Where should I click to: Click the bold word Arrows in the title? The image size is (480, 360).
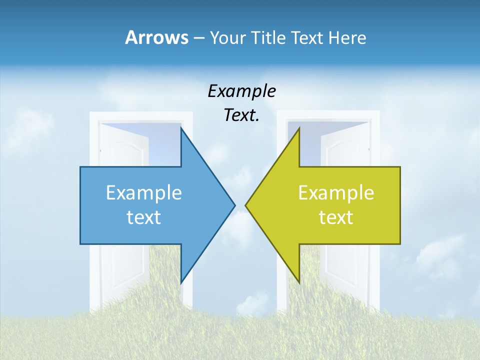(x=156, y=37)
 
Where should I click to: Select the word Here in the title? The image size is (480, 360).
(x=347, y=37)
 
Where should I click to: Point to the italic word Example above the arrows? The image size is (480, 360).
(x=241, y=91)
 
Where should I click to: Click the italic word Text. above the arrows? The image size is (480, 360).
(x=241, y=115)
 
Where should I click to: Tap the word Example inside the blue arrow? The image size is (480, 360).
(x=144, y=192)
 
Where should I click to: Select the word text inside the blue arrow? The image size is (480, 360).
(x=144, y=217)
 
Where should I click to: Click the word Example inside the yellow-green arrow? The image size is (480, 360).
(x=336, y=192)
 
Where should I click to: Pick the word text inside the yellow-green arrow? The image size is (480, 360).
(x=336, y=217)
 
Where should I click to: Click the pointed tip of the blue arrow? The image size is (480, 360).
(x=234, y=205)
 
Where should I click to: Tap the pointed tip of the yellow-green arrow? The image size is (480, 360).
(x=245, y=205)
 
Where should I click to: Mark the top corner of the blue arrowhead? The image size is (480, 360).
(x=181, y=128)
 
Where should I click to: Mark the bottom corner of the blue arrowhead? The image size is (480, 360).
(x=181, y=283)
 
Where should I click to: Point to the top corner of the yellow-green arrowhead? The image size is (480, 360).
(x=299, y=128)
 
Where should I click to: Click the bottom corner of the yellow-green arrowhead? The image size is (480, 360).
(x=299, y=283)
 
